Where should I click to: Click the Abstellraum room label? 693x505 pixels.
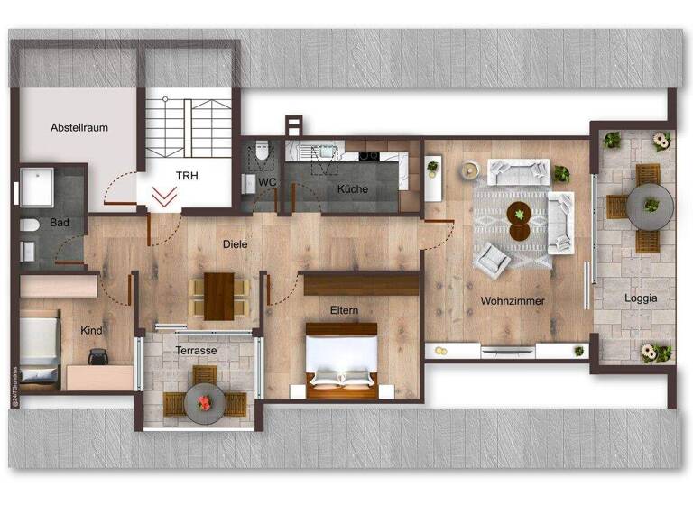point(79,127)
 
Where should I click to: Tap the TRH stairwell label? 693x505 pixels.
point(187,175)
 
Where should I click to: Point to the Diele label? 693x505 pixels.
point(236,243)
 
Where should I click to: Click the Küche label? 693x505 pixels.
point(353,189)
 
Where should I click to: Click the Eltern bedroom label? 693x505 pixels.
point(344,311)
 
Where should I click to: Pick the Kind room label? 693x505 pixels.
point(90,331)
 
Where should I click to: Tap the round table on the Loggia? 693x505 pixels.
point(650,207)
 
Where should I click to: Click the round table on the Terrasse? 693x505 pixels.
point(204,402)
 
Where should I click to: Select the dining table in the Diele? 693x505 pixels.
point(218,295)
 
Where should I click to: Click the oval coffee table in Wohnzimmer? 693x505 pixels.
point(519,221)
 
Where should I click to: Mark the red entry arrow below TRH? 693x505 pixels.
point(164,197)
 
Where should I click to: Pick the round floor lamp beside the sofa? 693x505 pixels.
point(469,169)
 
